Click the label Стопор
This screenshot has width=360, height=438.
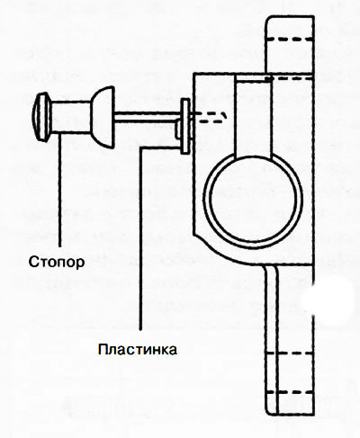coord(57,262)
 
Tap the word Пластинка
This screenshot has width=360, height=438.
coord(138,350)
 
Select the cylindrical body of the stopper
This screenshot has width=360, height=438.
coord(70,117)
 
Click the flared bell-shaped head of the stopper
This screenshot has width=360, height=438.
coord(103,117)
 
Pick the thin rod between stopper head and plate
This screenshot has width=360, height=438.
coord(148,117)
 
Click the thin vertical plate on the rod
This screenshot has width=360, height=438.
coord(185,126)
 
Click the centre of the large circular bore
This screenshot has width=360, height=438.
coord(253,199)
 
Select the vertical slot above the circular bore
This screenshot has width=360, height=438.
coord(253,116)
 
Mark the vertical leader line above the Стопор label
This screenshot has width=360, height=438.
coord(59,190)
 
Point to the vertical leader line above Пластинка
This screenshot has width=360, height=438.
coord(140,238)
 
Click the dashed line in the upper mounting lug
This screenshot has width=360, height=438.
coord(289,39)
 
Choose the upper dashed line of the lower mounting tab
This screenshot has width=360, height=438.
coord(290,353)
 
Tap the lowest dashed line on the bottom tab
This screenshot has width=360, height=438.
coord(290,392)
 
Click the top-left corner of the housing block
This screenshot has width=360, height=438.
coord(193,74)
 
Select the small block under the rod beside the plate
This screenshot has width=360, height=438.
coord(178,129)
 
